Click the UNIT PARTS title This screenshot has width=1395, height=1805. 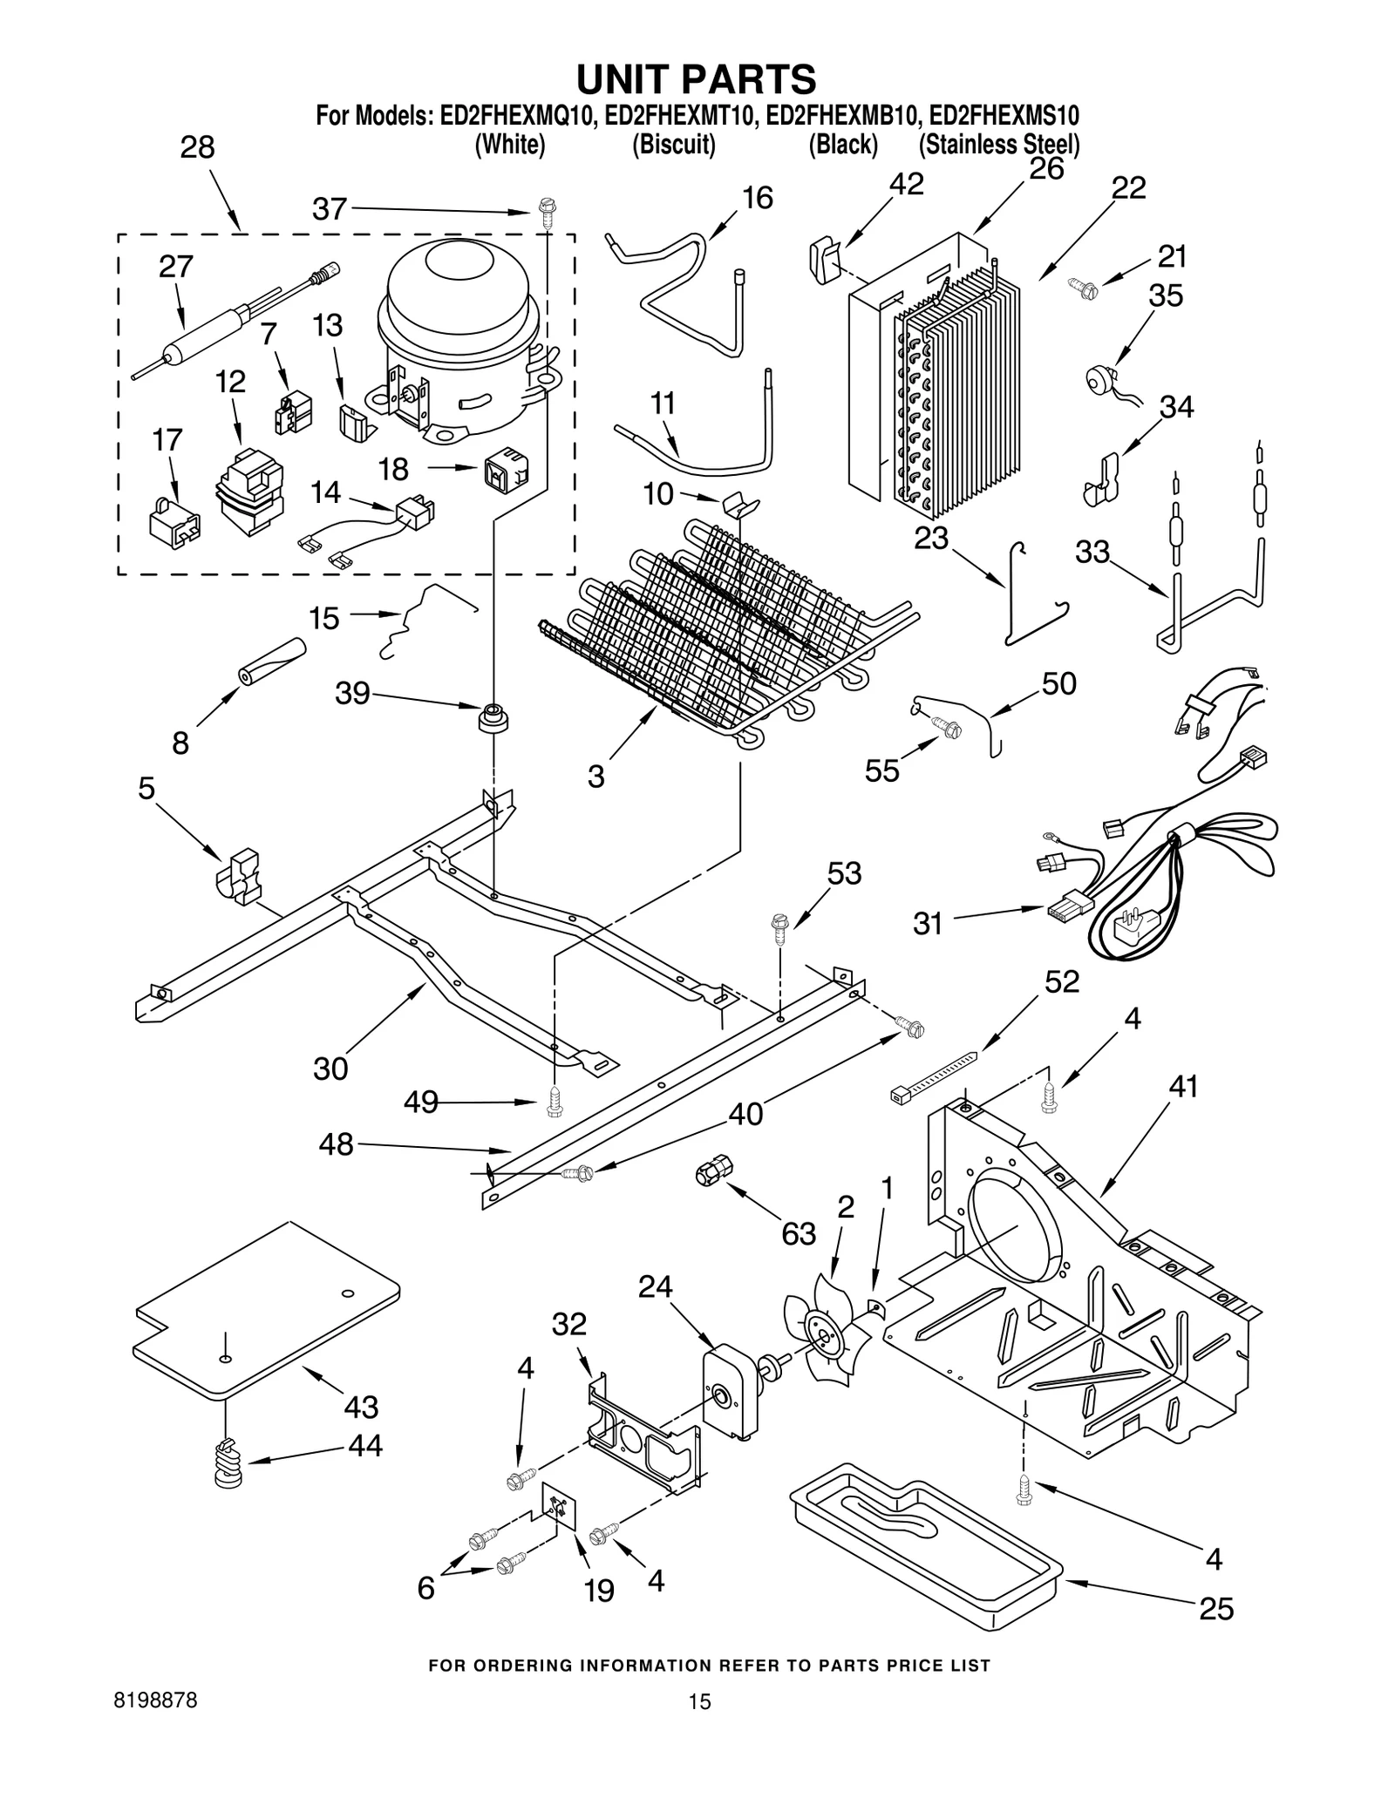click(696, 78)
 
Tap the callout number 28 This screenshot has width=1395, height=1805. click(197, 147)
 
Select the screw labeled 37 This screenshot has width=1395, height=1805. click(547, 212)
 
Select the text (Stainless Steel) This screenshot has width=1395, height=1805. click(999, 145)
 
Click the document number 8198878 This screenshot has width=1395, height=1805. click(155, 1701)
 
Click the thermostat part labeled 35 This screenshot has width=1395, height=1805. click(1097, 381)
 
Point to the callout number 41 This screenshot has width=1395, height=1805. click(1183, 1087)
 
